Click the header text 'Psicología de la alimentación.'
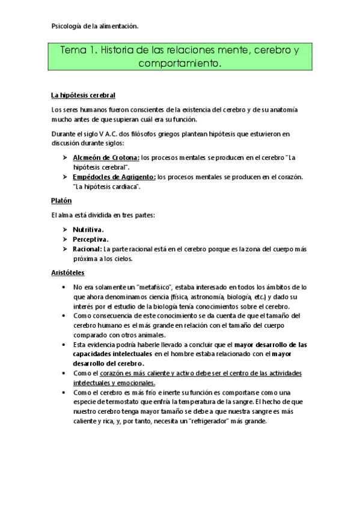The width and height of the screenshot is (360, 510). point(95,26)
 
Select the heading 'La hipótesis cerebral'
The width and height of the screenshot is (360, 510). point(83,96)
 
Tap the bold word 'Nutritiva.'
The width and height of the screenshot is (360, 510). point(88,229)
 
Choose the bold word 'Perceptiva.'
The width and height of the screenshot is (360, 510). point(91,239)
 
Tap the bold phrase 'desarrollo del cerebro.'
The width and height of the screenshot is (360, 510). point(108,363)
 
